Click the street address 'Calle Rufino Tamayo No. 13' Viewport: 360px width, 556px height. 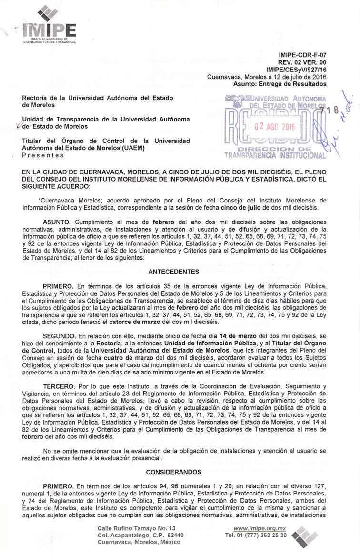137,528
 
